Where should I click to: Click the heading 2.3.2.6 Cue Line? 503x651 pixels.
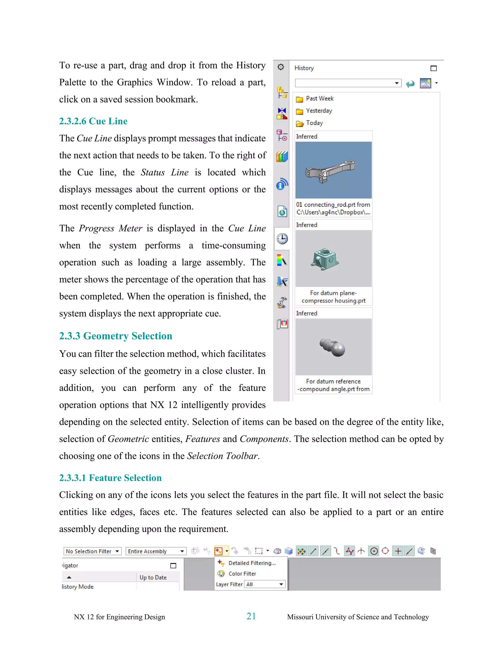[93, 121]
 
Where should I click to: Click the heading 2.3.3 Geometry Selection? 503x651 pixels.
[116, 336]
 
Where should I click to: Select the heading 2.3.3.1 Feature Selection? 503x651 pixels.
[110, 478]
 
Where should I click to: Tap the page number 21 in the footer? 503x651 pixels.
[251, 616]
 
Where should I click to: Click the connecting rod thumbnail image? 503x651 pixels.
[333, 170]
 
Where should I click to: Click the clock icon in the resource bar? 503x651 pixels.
[282, 239]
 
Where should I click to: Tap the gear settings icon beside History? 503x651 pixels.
[281, 67]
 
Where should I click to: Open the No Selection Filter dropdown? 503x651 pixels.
[92, 551]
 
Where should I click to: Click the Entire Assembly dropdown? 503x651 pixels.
[155, 551]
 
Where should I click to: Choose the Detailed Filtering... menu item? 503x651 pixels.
[251, 563]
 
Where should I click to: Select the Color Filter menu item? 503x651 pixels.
[242, 574]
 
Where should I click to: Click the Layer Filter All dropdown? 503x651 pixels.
[264, 584]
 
